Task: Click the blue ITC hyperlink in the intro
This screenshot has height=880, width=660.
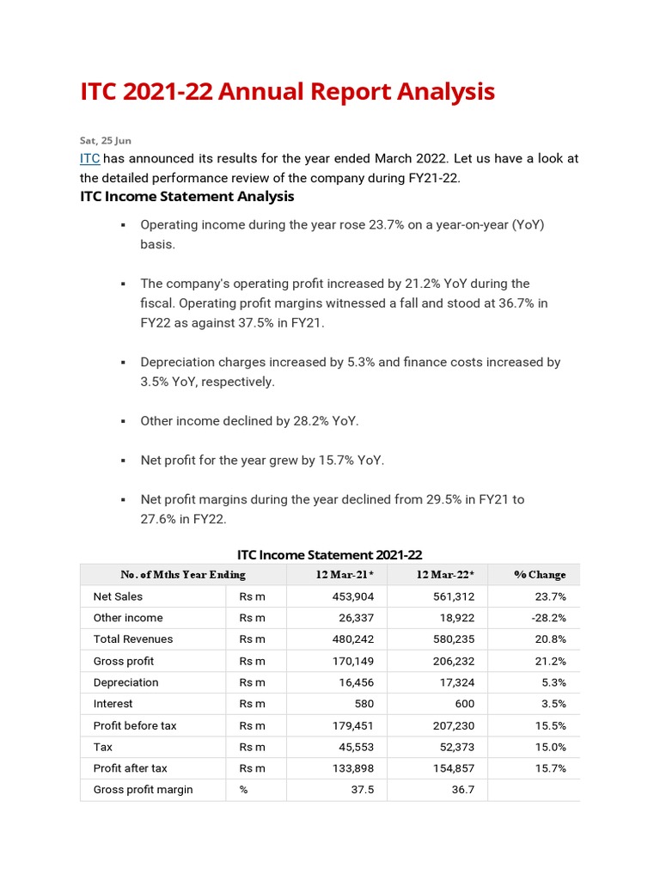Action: pos(90,159)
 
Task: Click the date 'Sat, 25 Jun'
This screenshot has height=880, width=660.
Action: pos(106,140)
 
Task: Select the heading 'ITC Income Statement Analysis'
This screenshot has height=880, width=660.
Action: pos(186,197)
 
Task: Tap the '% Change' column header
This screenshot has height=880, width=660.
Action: pos(540,575)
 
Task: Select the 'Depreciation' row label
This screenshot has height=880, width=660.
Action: pos(125,682)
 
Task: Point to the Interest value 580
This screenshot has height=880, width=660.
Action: pos(364,704)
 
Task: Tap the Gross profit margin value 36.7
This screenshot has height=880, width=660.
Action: pos(462,790)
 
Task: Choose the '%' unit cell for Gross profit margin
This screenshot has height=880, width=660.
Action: pos(244,790)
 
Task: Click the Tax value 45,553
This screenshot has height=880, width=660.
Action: pos(353,747)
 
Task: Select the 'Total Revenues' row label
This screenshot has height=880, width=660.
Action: pos(132,639)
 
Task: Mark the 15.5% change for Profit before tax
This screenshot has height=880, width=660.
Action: pos(550,725)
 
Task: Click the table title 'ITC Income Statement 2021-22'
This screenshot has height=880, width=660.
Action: pos(329,555)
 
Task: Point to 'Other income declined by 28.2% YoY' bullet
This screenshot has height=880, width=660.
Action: pos(249,421)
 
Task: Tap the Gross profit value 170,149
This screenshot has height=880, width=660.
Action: pos(353,661)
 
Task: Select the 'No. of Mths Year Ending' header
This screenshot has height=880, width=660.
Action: pos(183,575)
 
